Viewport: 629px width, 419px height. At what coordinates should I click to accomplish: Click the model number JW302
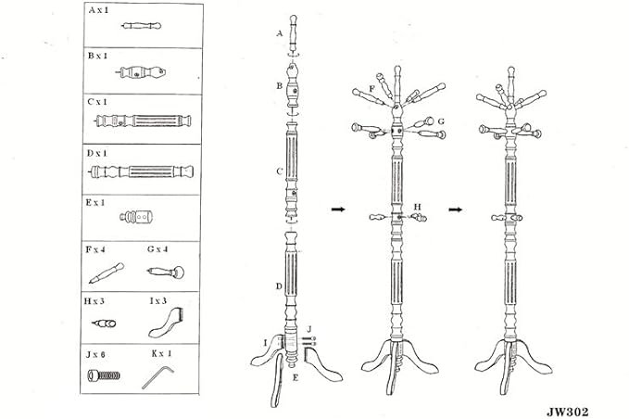tap(567, 412)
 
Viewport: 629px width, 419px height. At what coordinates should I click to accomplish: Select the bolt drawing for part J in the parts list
tap(104, 375)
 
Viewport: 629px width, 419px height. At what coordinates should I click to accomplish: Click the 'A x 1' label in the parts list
tap(98, 10)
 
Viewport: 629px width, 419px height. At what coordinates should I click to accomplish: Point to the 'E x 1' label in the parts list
tap(95, 203)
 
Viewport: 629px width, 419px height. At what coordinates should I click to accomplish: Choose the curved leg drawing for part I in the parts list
tap(165, 323)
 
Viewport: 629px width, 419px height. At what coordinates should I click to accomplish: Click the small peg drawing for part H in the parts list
tap(104, 324)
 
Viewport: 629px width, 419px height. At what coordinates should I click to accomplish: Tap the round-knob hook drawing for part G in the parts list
tap(166, 273)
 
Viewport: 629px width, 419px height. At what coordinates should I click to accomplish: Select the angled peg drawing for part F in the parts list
tap(107, 273)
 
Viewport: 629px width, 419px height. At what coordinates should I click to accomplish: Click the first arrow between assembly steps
tap(338, 209)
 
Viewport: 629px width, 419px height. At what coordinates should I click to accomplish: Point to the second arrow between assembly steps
tap(455, 209)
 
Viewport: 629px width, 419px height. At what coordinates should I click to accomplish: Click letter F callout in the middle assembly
tap(371, 89)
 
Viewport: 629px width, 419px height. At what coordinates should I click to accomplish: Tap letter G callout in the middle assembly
tap(441, 121)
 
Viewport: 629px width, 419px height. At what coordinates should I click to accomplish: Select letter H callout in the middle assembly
tap(417, 207)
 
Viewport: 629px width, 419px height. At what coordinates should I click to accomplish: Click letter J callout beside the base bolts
tap(309, 329)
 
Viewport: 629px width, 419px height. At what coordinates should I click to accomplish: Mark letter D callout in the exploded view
tap(279, 286)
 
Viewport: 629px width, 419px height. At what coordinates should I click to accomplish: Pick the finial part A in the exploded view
tap(294, 34)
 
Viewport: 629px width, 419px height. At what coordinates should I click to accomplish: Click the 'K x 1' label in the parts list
tap(162, 353)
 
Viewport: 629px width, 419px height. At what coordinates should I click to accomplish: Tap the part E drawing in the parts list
tap(136, 217)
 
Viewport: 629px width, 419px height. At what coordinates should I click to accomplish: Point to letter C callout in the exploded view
tap(280, 171)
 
